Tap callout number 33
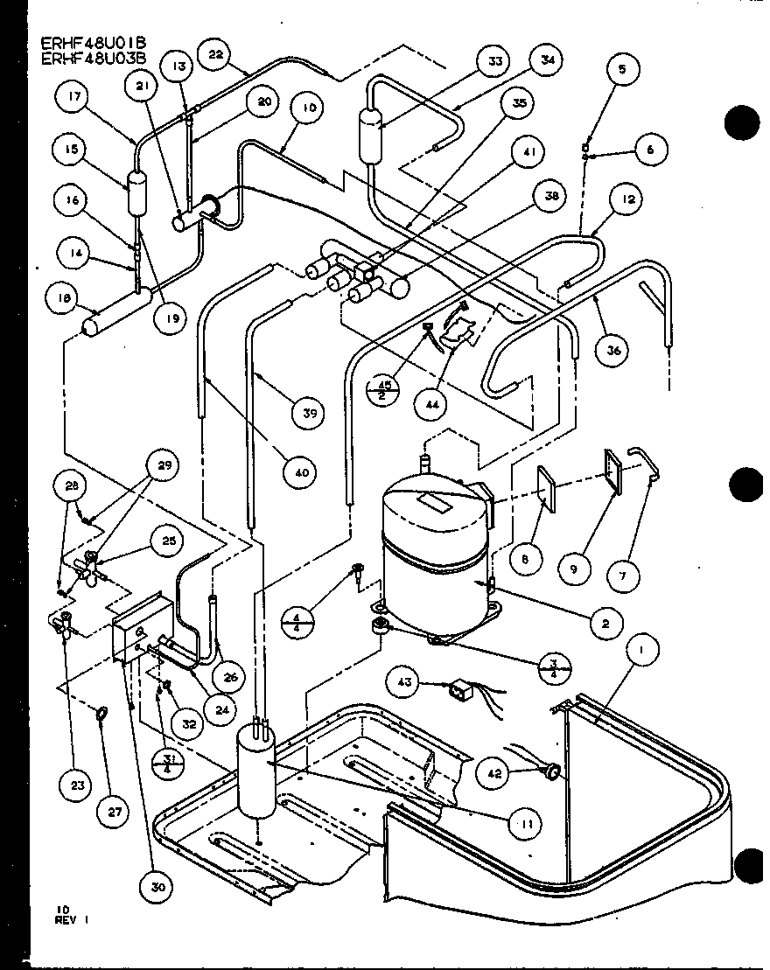tap(495, 63)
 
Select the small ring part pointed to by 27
tap(102, 715)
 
